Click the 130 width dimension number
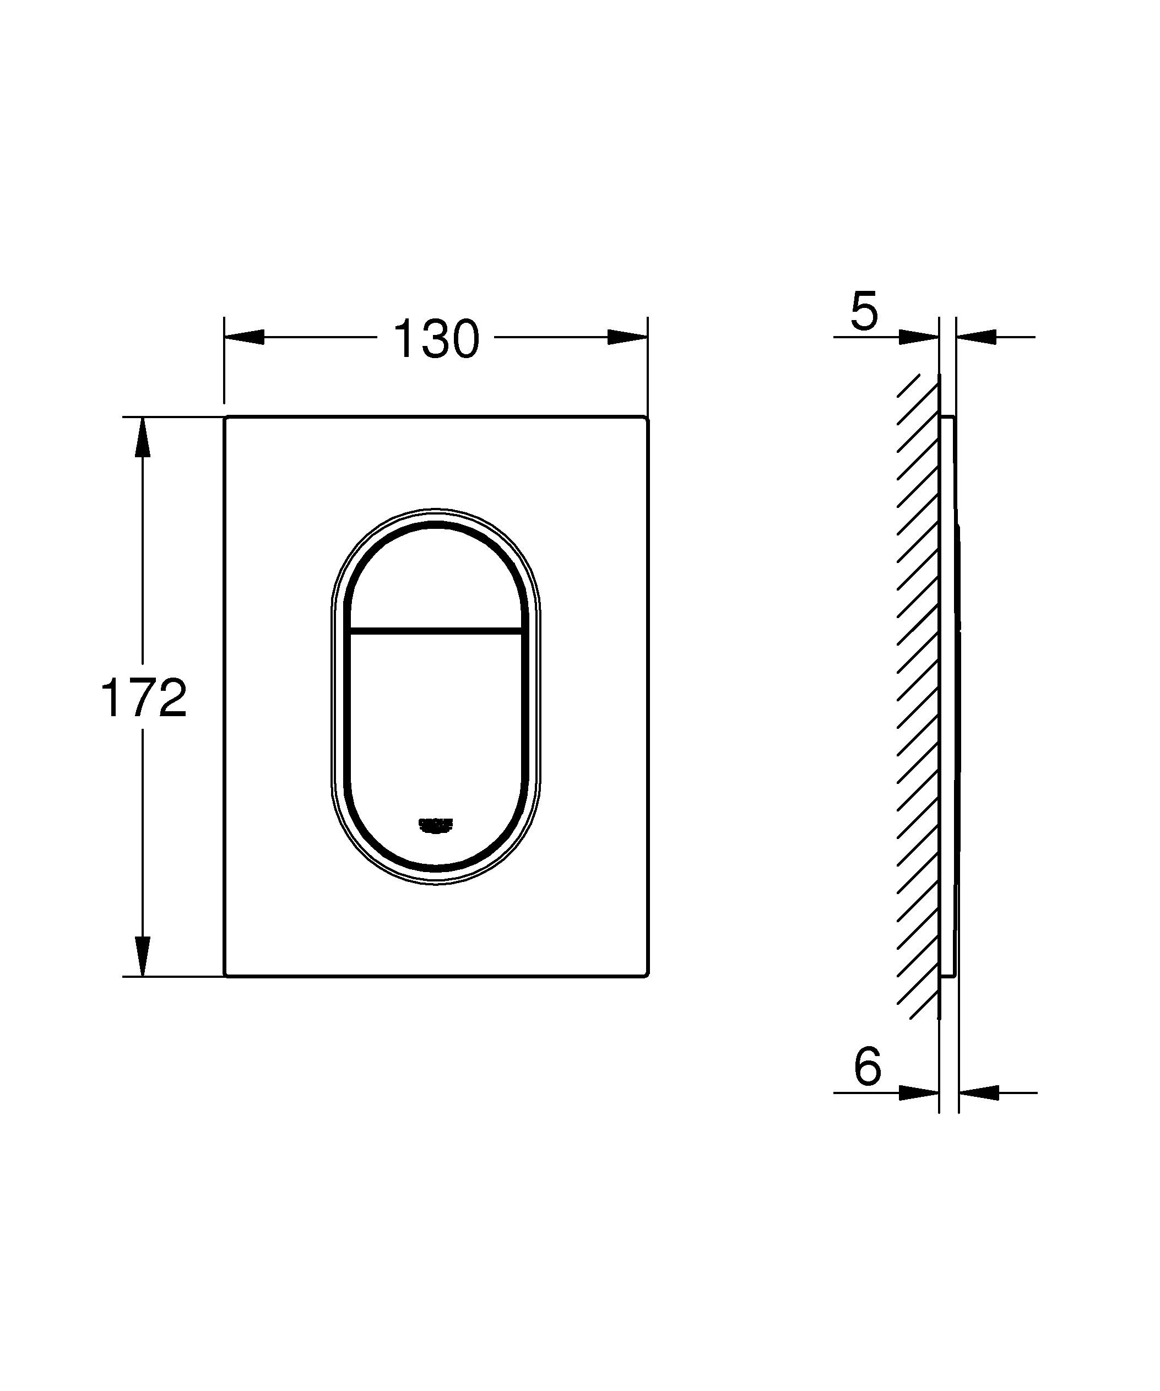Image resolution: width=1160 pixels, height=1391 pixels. pyautogui.click(x=436, y=340)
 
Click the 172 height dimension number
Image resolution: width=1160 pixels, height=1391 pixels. pyautogui.click(x=144, y=698)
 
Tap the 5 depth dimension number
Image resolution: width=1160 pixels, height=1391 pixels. pyautogui.click(x=864, y=311)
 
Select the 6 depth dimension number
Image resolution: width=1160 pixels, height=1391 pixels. pyautogui.click(x=868, y=1067)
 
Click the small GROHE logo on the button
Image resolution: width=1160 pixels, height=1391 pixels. pyautogui.click(x=435, y=825)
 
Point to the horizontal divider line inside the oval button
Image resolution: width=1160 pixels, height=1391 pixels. pyautogui.click(x=435, y=630)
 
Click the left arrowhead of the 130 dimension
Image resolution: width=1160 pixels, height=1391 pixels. pyautogui.click(x=245, y=337)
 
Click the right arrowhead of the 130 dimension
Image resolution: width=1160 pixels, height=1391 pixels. pyautogui.click(x=627, y=337)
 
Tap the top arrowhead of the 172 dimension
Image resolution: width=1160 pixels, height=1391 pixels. pyautogui.click(x=142, y=438)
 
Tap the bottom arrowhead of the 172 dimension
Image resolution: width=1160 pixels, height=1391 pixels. pyautogui.click(x=142, y=956)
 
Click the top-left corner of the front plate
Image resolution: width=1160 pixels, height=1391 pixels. pyautogui.click(x=227, y=419)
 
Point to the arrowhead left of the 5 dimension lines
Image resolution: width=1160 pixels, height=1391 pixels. pyautogui.click(x=919, y=337)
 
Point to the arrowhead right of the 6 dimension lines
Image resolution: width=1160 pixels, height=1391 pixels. pyautogui.click(x=979, y=1092)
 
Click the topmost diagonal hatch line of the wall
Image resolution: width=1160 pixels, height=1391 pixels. pyautogui.click(x=908, y=386)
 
